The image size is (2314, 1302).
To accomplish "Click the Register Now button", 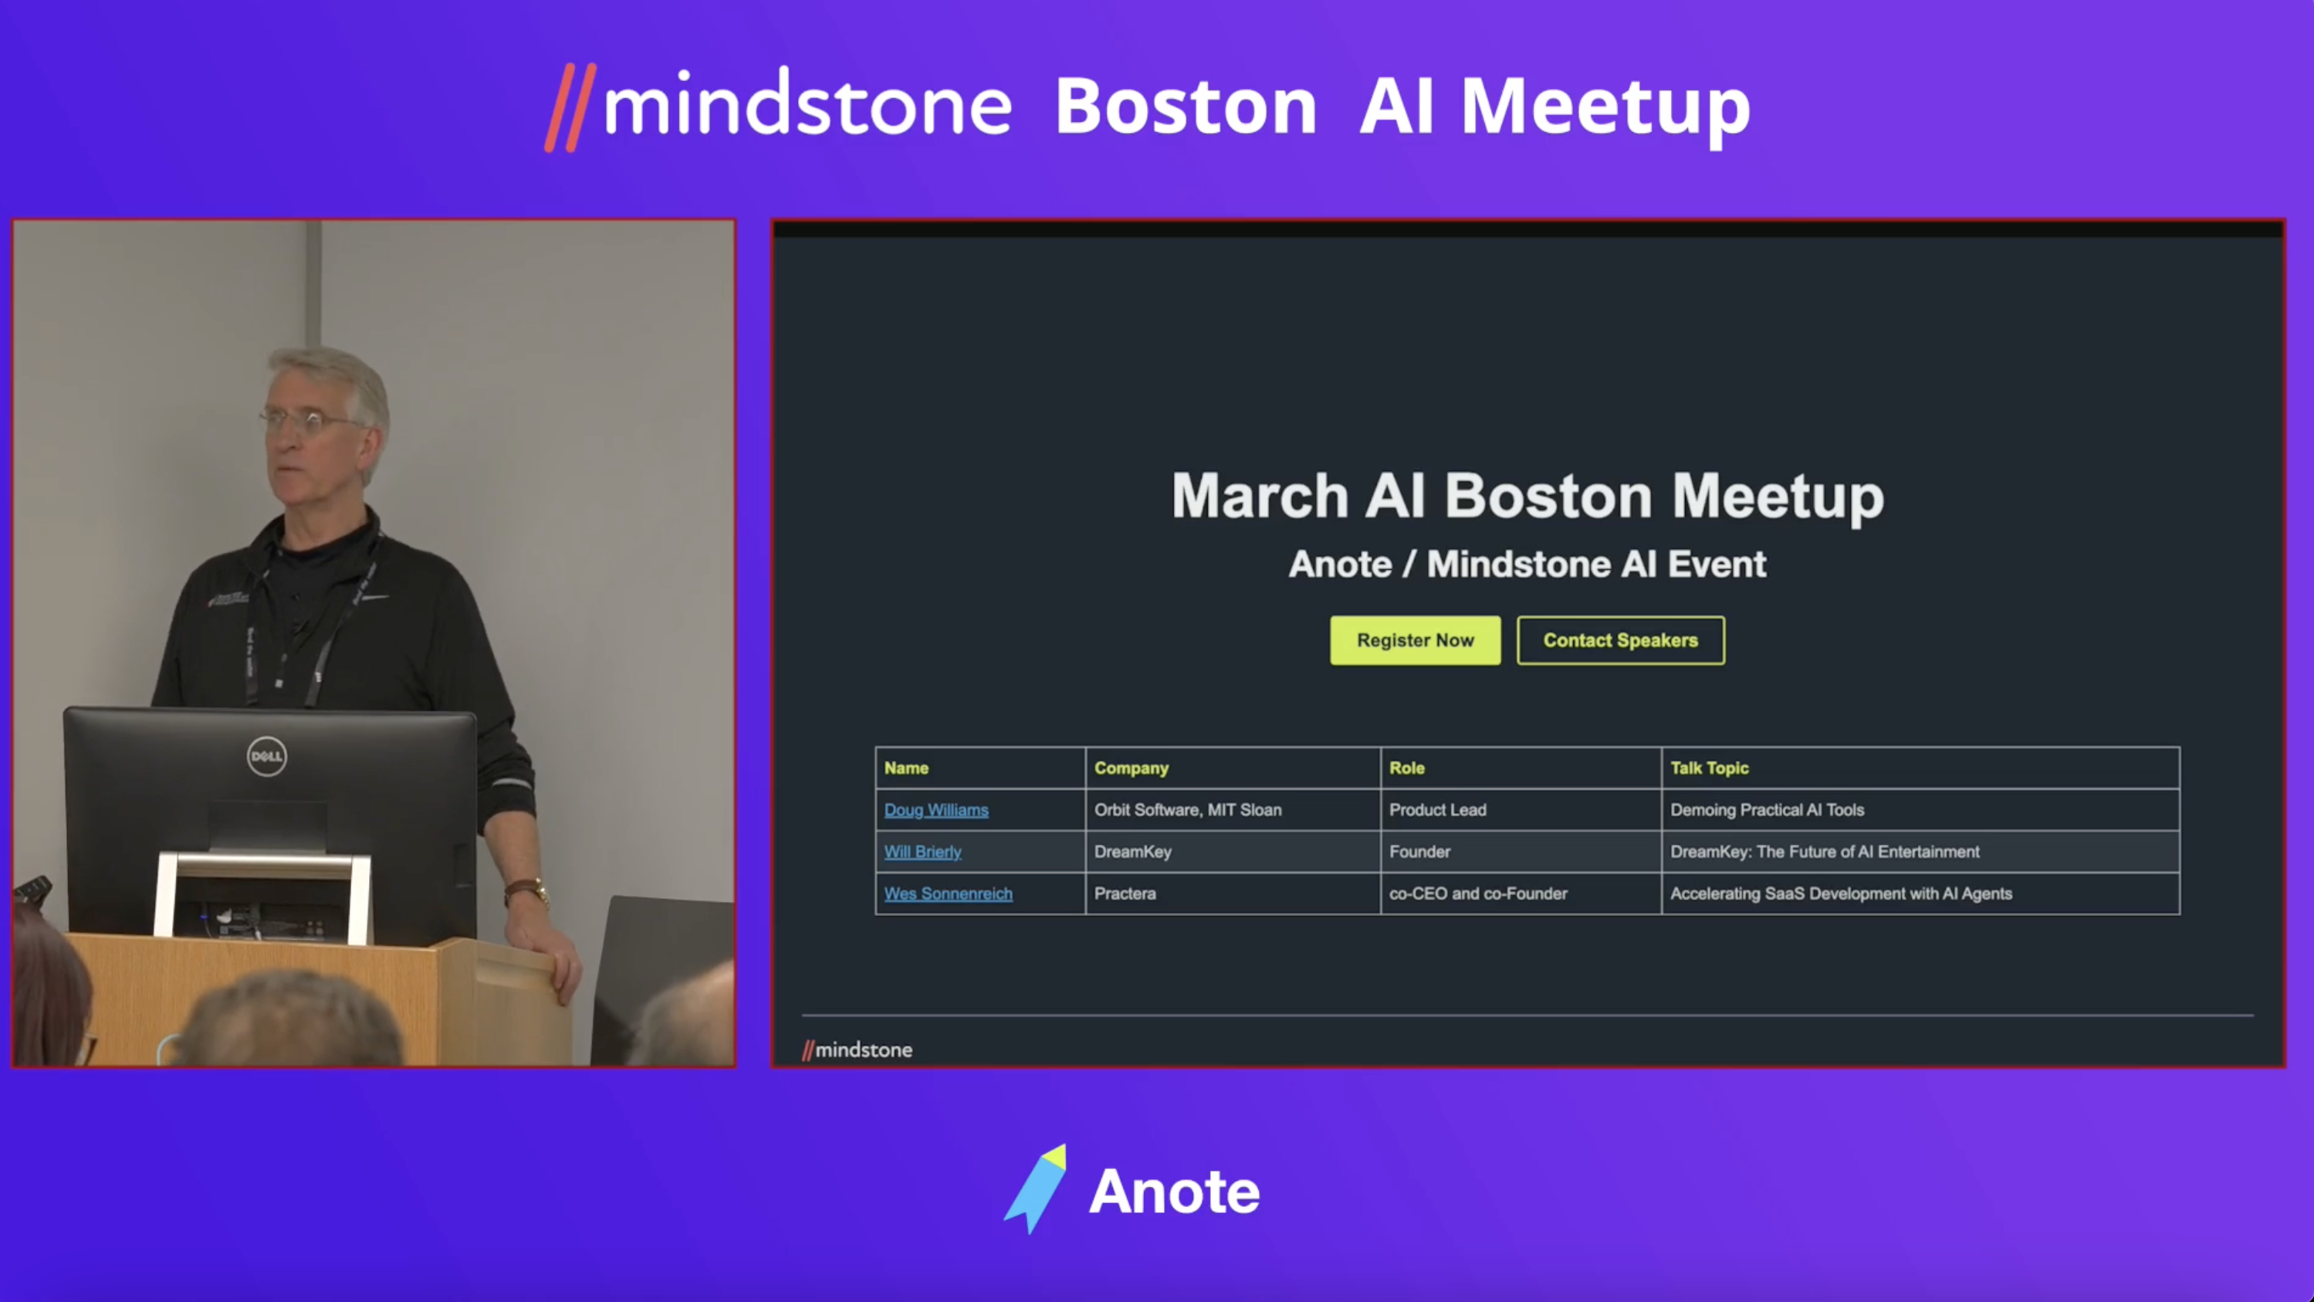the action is (1415, 639).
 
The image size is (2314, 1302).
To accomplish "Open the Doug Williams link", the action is (936, 809).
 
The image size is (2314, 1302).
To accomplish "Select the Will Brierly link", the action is (922, 852).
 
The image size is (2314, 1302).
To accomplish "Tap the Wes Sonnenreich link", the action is (948, 893).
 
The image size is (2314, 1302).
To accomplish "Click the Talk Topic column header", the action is (1710, 768).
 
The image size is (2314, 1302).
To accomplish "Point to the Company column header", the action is (1131, 768).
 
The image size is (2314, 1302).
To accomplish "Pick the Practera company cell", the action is (1125, 893).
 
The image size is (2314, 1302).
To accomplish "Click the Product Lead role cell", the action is (1437, 809).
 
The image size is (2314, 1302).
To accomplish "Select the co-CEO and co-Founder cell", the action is (1477, 893).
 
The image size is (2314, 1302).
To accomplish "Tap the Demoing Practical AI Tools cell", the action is (1767, 809).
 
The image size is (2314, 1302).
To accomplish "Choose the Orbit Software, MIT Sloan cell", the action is (1188, 809).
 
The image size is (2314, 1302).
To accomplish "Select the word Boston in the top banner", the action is (1186, 107).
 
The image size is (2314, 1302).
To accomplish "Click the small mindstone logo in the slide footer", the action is (857, 1049).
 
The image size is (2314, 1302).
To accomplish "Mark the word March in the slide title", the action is (1260, 496).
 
